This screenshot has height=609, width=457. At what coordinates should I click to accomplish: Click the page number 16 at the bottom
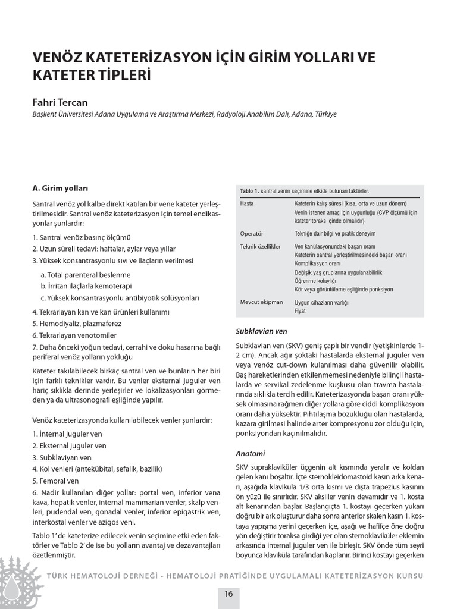point(228,594)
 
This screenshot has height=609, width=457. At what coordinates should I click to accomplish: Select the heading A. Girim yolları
point(60,189)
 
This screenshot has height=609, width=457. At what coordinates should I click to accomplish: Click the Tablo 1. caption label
point(249,191)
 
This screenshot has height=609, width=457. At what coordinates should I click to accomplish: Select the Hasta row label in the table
point(247,203)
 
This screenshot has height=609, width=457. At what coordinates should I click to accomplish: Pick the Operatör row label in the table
point(251,233)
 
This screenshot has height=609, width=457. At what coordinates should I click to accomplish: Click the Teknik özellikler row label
point(259,246)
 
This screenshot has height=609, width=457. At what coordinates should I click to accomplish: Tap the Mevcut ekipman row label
point(261,302)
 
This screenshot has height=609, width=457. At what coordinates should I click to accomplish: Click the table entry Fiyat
point(301,311)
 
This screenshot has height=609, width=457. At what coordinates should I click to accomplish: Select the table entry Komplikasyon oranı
point(317,263)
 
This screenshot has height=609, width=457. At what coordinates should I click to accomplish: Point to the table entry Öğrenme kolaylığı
point(315,281)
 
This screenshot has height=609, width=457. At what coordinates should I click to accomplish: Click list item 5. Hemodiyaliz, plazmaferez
point(77,324)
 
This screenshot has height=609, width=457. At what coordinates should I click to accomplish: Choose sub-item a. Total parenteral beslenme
point(85,275)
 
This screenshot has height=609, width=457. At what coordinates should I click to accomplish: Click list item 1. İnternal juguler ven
point(67,434)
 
